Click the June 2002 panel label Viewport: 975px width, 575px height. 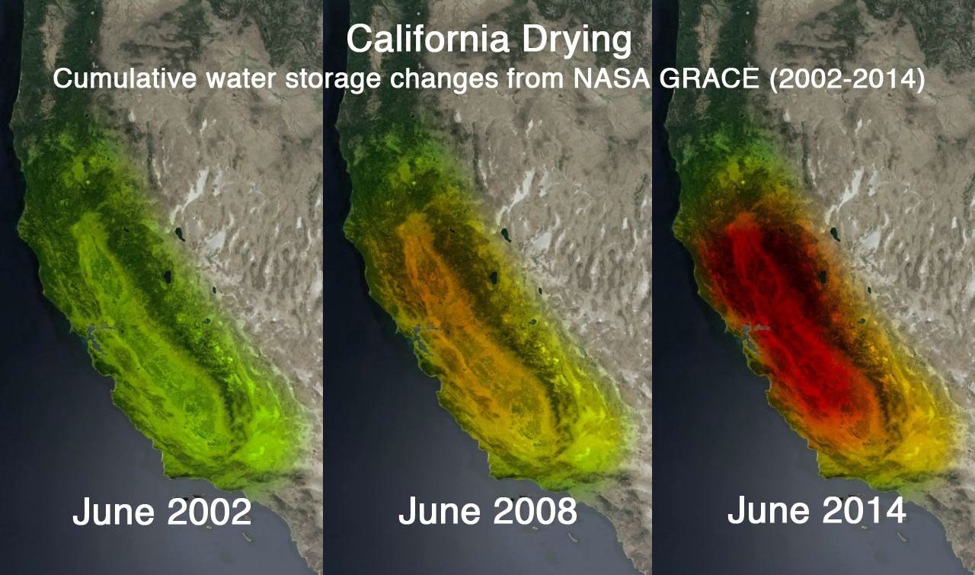(x=161, y=513)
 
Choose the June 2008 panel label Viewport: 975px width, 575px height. (x=487, y=513)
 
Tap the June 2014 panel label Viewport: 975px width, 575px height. (x=817, y=510)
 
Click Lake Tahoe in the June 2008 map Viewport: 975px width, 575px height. (x=494, y=278)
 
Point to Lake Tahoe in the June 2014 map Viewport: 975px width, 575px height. (x=823, y=278)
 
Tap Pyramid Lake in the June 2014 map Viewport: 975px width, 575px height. (x=835, y=235)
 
